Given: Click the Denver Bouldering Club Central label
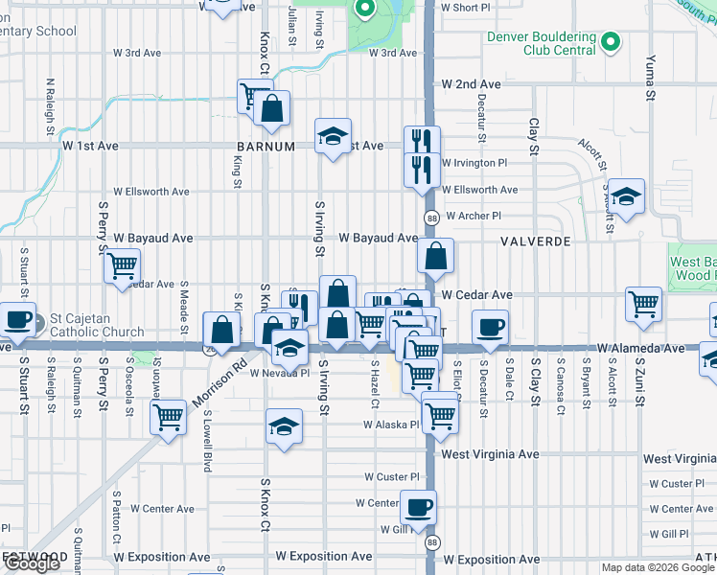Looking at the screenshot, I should [x=542, y=44].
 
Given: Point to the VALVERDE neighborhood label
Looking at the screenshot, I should [x=535, y=242].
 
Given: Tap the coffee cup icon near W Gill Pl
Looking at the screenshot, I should [x=417, y=507].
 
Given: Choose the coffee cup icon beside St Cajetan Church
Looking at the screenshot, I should [x=16, y=319].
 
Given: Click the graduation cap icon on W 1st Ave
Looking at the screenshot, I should [x=333, y=136].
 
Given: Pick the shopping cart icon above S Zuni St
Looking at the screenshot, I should [x=643, y=304].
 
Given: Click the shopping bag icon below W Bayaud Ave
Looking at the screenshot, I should [x=435, y=257].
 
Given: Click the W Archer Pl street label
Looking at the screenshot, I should [x=473, y=217].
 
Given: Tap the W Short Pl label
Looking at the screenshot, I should [x=465, y=7].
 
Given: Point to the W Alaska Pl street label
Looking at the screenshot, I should [x=391, y=425].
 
